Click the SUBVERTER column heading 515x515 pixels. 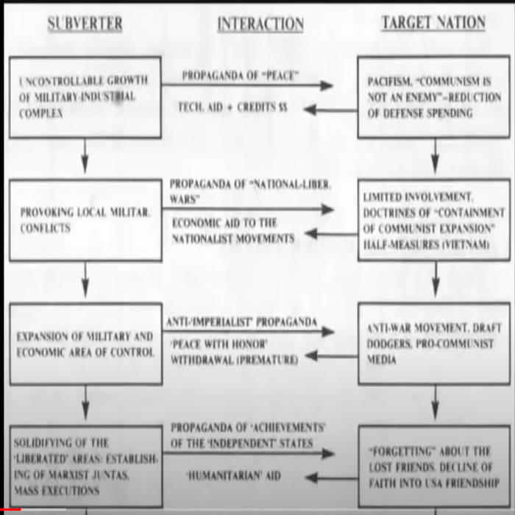[x=85, y=23]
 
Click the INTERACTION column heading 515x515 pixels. [x=260, y=24]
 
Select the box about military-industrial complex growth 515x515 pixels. [x=85, y=97]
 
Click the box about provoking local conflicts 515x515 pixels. [x=85, y=220]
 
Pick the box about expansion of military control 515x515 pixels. [x=85, y=344]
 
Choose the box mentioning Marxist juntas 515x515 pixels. [x=85, y=465]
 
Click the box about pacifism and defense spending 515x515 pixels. [x=433, y=97]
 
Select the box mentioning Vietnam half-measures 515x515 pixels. [x=433, y=220]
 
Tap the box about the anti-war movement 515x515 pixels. [x=433, y=344]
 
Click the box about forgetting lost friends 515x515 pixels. [x=433, y=465]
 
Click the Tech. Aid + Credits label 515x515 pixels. [x=232, y=107]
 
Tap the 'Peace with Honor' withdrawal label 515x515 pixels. [x=234, y=353]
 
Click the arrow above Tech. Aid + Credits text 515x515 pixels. [x=246, y=86]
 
